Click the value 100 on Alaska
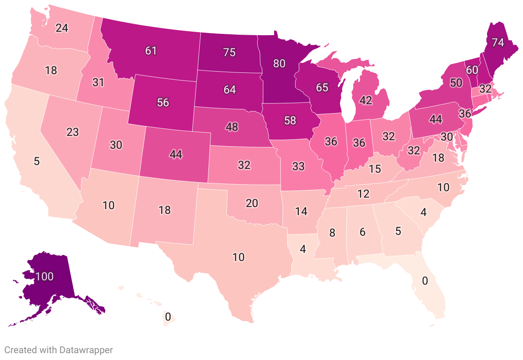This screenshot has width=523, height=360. point(44,276)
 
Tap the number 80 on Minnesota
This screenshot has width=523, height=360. point(279,63)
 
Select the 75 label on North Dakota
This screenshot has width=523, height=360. point(229,52)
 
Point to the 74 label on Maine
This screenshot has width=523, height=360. point(497,42)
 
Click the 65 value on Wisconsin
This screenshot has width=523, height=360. point(322,87)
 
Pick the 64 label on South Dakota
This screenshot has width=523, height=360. point(230,90)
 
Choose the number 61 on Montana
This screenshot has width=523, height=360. point(151,51)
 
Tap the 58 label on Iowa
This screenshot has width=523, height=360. point(290,120)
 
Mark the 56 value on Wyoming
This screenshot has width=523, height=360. point(163,102)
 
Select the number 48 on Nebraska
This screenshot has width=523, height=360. point(232,127)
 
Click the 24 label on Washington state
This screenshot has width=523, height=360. point(62,28)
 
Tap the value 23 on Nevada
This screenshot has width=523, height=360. point(72,132)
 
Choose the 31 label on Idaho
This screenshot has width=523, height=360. point(98,82)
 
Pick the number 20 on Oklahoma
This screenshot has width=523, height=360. point(252,203)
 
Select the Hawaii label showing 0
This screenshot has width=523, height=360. point(168,317)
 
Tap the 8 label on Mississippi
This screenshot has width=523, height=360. point(332,234)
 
